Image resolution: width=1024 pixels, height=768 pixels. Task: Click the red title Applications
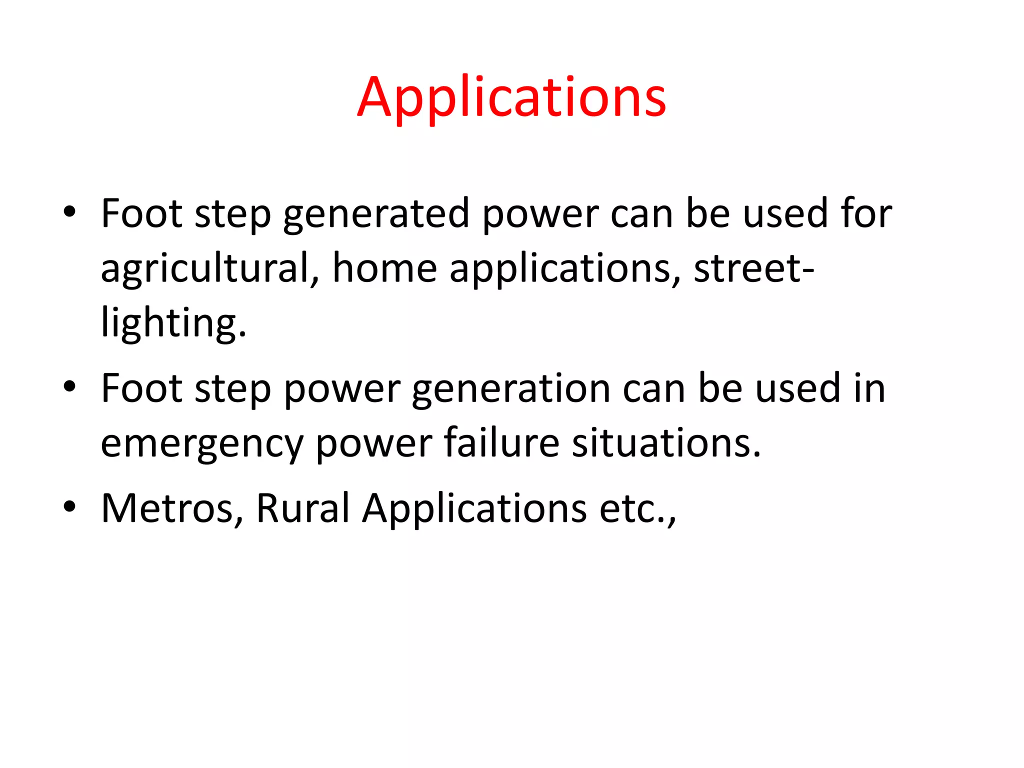511,97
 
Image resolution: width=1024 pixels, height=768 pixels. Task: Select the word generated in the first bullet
376,214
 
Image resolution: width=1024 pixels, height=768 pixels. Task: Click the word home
385,268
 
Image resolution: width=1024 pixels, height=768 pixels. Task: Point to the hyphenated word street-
754,268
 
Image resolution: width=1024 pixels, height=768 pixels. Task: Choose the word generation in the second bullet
511,389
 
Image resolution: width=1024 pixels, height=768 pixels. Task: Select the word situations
666,443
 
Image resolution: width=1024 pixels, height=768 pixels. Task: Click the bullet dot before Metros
69,506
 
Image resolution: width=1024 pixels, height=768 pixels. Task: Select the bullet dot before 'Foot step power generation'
69,386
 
